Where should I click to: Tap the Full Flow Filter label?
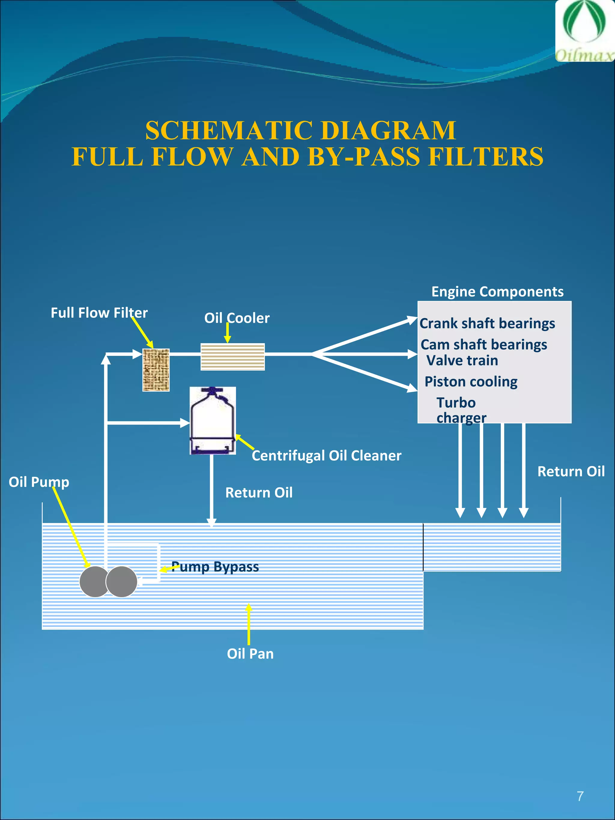(99, 313)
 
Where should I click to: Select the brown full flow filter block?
(156, 370)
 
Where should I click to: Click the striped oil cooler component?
(232, 357)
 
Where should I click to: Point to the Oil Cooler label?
(237, 318)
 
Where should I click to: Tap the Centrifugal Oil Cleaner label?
(326, 455)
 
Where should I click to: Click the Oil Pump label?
(39, 482)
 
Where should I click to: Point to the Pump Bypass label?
(215, 567)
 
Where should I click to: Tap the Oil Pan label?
(250, 654)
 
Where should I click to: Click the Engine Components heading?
(497, 292)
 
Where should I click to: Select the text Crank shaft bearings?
(487, 323)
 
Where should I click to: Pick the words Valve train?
(462, 360)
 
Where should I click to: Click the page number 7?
(580, 796)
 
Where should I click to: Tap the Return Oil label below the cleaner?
(259, 493)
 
